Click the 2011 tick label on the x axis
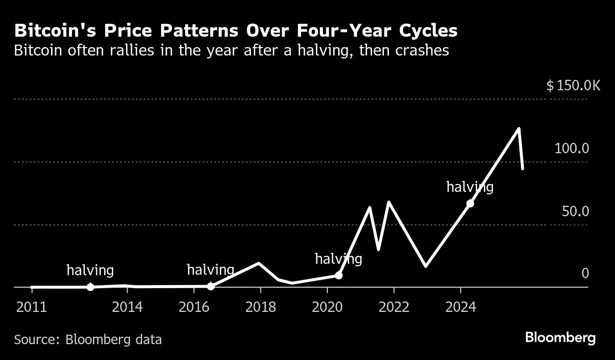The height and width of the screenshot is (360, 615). pos(31,307)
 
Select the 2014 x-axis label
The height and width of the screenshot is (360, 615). pos(127,307)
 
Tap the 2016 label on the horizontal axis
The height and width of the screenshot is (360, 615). pos(194,307)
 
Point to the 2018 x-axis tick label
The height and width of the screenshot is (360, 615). pos(261,307)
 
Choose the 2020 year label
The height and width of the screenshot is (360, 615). pos(327,307)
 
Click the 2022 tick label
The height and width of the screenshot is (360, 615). pos(394,307)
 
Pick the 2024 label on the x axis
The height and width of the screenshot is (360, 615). pos(461,307)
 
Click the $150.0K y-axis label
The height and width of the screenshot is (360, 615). pos(573,86)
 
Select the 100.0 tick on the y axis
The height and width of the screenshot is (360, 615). pos(571,148)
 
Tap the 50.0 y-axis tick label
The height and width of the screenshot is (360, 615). pos(575,211)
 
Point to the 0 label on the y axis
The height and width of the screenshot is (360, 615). pos(585,274)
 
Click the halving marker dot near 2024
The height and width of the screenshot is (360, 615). pos(470,203)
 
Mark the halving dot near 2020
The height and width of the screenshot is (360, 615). pos(339,275)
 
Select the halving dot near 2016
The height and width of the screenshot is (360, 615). pos(211,286)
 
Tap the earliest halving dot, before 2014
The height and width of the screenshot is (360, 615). pos(90,287)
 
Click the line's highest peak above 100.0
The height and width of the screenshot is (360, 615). pos(519,129)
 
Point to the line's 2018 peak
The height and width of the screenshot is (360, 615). pos(258,263)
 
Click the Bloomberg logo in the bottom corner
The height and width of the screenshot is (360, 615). pos(560,338)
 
